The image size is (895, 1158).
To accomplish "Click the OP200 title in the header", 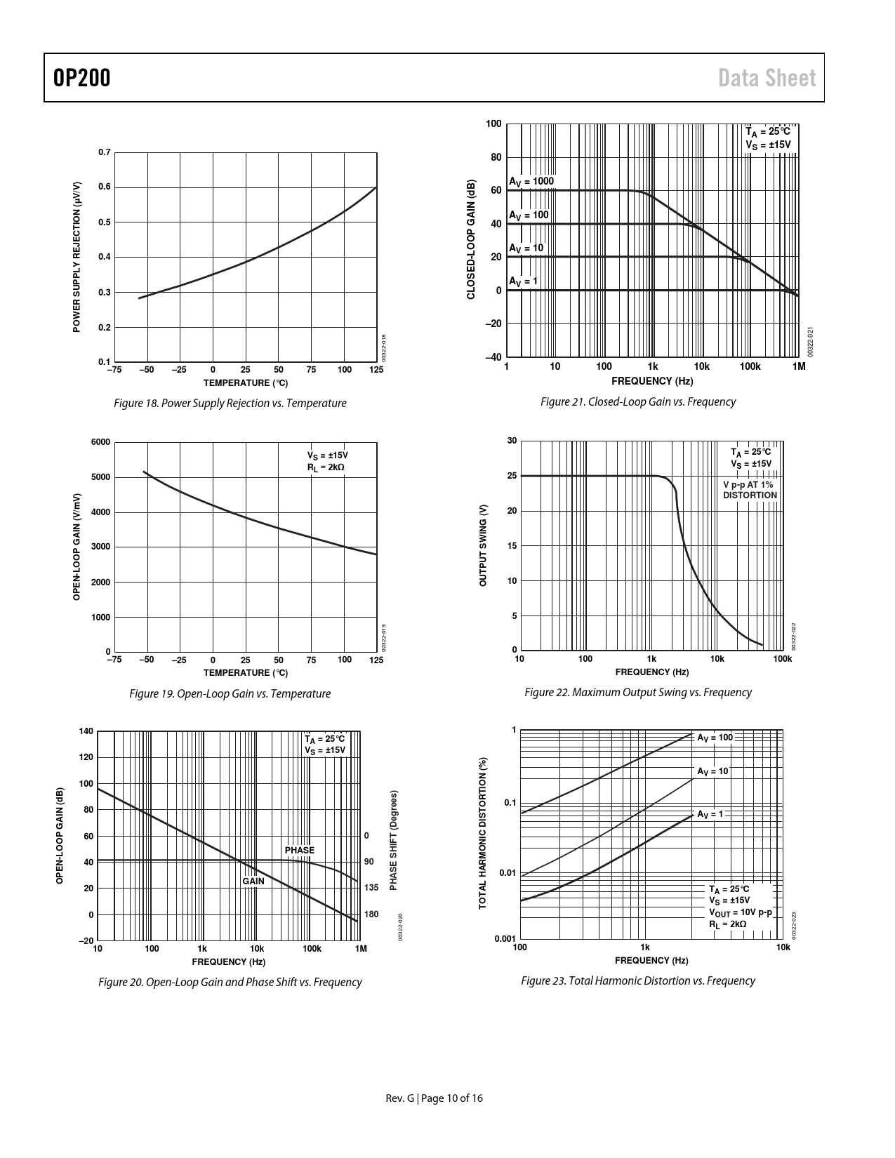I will click(x=81, y=78).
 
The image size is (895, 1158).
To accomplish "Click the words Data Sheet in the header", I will click(x=767, y=78).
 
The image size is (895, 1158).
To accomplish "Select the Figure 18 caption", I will click(x=230, y=404).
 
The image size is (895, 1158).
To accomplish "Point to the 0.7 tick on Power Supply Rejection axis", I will click(x=104, y=152).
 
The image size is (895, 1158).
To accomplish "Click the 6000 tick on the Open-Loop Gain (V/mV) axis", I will click(x=101, y=442).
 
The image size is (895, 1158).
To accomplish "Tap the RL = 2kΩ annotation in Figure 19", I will click(x=326, y=467).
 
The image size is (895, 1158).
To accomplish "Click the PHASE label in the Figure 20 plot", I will click(x=300, y=851).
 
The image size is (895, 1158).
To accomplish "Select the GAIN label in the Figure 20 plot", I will click(x=253, y=881).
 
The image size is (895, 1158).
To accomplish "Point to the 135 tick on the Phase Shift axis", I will click(x=371, y=888).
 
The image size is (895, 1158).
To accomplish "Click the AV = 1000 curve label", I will click(x=531, y=182).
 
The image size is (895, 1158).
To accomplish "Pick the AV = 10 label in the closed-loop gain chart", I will click(x=526, y=248).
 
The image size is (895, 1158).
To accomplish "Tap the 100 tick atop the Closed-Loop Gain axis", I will click(x=493, y=124).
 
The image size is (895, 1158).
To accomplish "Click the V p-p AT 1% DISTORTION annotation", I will click(x=750, y=490).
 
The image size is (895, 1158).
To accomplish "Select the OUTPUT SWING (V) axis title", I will click(x=483, y=545).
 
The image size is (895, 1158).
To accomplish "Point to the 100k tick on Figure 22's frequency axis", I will click(x=782, y=658).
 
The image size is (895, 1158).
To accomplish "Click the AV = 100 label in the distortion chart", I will click(x=714, y=738).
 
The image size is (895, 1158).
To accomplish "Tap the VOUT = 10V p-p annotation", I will click(x=740, y=912).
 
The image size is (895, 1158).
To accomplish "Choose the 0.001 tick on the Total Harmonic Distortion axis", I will click(x=505, y=939).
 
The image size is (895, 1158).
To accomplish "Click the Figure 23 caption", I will click(x=637, y=981).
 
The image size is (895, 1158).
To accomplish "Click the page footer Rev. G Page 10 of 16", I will click(x=435, y=1098).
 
